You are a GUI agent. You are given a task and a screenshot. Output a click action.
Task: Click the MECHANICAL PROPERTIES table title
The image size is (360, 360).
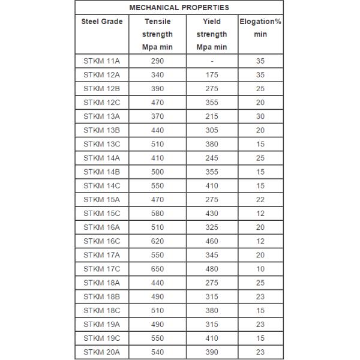(179, 8)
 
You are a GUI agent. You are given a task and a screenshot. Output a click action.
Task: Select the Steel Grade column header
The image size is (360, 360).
(102, 22)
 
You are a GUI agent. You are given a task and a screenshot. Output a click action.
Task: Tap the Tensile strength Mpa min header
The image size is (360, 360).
(157, 34)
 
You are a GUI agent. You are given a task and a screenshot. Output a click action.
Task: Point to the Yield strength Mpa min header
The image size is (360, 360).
(212, 34)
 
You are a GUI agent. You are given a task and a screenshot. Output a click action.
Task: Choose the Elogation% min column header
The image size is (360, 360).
(260, 28)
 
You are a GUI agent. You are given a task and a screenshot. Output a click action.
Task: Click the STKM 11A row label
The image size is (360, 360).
(102, 61)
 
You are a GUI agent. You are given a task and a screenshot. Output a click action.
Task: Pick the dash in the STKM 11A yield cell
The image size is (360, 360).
(212, 61)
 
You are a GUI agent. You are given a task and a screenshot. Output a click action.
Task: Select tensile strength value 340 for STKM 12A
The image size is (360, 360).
(157, 75)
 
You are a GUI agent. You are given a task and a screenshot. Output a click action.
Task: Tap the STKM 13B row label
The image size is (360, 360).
(102, 130)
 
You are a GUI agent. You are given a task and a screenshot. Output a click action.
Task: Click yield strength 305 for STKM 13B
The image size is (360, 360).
(212, 130)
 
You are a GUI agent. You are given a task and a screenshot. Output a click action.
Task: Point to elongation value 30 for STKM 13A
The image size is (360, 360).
(260, 116)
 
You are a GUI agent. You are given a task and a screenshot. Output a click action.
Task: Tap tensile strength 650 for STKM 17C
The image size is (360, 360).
(157, 269)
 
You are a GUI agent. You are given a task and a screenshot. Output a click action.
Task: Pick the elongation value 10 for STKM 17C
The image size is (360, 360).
(260, 269)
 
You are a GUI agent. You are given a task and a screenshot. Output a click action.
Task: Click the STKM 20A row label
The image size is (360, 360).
(102, 352)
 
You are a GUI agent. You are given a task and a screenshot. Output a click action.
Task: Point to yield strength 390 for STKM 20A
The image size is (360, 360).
(212, 352)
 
